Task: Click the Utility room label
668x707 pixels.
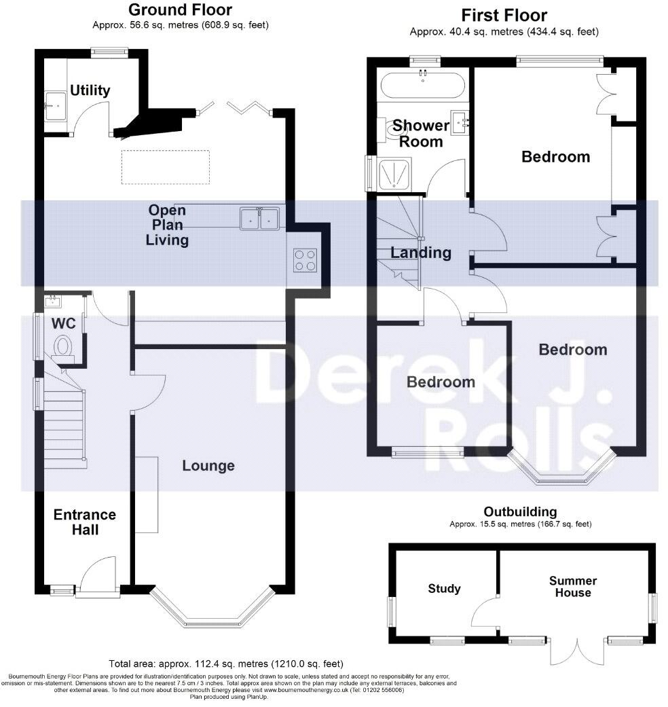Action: pyautogui.click(x=90, y=90)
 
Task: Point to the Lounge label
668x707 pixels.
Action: pyautogui.click(x=208, y=465)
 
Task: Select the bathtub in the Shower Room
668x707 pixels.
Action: pyautogui.click(x=422, y=86)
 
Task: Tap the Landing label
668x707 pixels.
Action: pyautogui.click(x=420, y=253)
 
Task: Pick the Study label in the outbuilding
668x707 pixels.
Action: pyautogui.click(x=444, y=588)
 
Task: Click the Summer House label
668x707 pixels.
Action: pyautogui.click(x=573, y=587)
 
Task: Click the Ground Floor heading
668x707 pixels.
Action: pyautogui.click(x=180, y=10)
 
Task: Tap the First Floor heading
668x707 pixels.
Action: pyautogui.click(x=504, y=16)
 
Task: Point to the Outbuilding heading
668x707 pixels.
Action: pyautogui.click(x=520, y=512)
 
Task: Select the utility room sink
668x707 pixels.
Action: pyautogui.click(x=55, y=106)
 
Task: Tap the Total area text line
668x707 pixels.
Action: pyautogui.click(x=226, y=664)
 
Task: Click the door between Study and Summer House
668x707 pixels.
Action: pyautogui.click(x=485, y=611)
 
